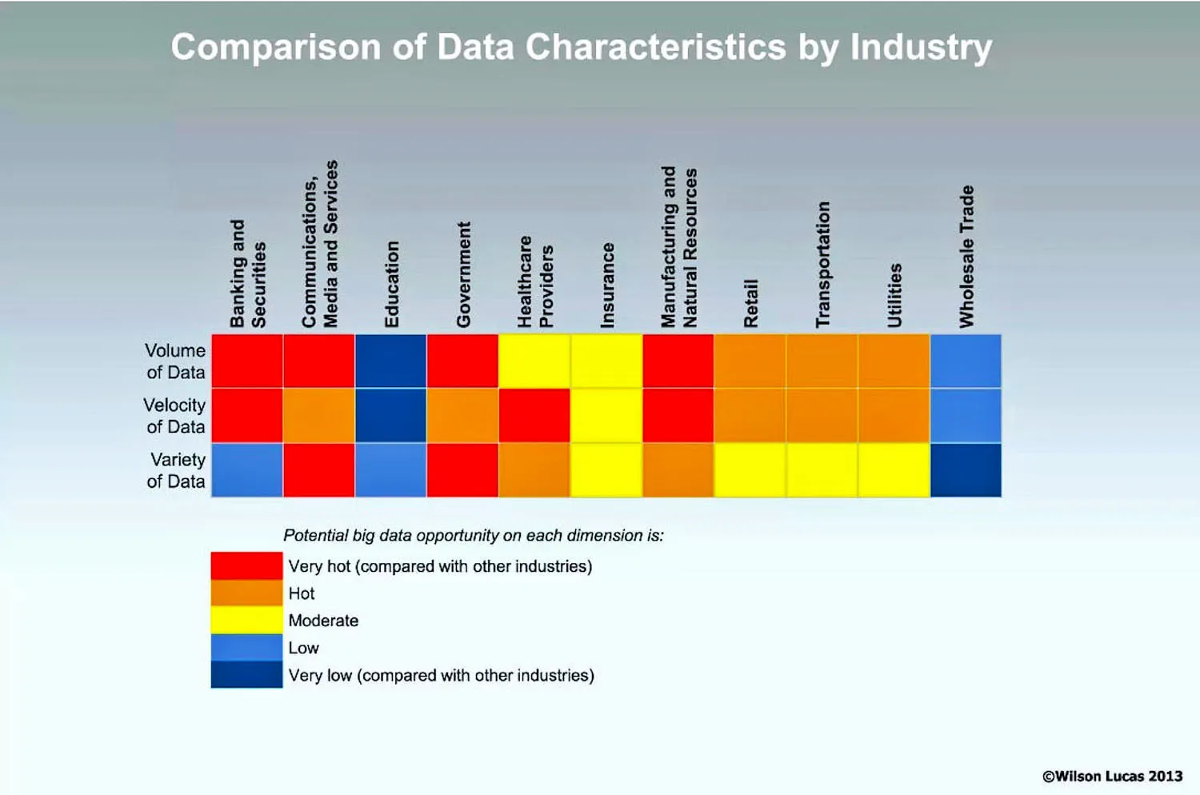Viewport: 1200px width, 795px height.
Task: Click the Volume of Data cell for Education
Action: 390,362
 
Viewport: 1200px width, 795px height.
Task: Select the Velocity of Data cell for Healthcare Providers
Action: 534,416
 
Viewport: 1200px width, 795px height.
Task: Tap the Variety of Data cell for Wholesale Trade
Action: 966,470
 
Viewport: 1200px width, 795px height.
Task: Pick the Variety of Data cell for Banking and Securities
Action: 247,470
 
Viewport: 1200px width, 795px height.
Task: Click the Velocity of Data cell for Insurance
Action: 606,416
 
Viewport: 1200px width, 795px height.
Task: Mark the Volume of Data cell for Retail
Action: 750,362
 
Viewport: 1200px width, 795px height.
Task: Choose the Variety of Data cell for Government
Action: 462,470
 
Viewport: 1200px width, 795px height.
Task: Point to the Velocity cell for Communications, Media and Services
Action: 319,416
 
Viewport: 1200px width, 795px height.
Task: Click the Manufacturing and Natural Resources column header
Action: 679,248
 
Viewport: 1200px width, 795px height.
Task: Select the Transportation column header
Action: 822,264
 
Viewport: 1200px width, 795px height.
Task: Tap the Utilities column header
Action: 894,295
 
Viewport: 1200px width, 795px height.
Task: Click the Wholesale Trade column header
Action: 966,257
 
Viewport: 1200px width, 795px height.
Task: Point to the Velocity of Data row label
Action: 175,416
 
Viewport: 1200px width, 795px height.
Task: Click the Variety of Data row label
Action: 177,470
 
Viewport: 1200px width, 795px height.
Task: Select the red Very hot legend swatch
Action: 246,565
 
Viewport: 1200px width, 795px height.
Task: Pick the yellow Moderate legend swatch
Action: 246,620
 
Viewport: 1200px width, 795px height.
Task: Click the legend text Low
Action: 303,648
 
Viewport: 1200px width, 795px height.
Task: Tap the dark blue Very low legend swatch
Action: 246,674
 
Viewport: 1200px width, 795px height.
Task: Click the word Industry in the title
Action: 921,48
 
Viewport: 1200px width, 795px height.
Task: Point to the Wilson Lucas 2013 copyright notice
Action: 1112,776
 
